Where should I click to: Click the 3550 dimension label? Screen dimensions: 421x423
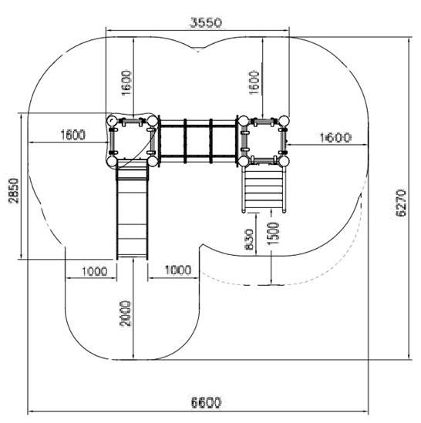pos(206,22)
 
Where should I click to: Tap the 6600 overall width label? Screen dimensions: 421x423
pos(206,403)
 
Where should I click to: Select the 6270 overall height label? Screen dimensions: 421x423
pos(401,203)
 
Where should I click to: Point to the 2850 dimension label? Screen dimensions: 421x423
pos(14,190)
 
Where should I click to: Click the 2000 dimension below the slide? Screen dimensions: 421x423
pos(126,314)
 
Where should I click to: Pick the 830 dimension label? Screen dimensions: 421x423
pos(249,240)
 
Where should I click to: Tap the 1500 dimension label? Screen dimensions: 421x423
pos(273,233)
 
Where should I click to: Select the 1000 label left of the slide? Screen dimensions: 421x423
pos(94,271)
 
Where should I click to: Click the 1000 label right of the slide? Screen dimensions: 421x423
pos(178,270)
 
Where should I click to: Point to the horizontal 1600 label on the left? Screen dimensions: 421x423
pos(72,135)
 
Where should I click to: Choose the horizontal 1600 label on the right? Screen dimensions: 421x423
pos(335,138)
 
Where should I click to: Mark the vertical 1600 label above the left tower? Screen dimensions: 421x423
pos(126,82)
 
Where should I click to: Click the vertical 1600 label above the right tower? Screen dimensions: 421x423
pos(254,82)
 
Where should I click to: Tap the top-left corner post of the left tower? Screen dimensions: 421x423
pos(111,121)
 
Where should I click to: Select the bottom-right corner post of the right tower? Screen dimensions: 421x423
pos(284,161)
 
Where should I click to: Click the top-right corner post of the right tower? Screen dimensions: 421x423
pos(284,121)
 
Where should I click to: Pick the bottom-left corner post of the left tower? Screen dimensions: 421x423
pos(111,162)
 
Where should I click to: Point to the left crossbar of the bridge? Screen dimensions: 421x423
pos(185,141)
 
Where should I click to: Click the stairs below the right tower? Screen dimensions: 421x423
pos(264,190)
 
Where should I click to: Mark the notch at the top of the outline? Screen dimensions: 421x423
pos(198,49)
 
